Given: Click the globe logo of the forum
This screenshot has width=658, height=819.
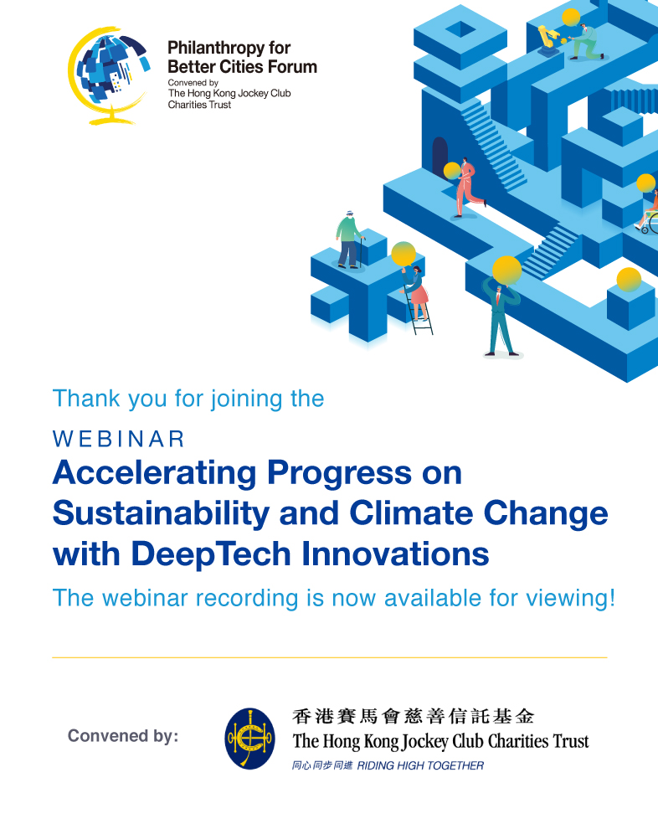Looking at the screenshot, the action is (x=109, y=75).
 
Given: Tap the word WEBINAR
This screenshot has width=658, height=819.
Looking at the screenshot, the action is (x=119, y=440).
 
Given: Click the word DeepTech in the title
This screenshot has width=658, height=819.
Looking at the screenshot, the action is (x=210, y=554).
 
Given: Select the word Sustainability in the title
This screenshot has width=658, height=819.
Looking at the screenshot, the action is (x=161, y=513).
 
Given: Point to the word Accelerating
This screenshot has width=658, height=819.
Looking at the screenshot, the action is (x=155, y=472).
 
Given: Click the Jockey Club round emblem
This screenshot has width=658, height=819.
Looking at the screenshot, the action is (x=249, y=739).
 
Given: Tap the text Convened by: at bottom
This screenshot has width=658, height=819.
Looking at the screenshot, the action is (x=123, y=735).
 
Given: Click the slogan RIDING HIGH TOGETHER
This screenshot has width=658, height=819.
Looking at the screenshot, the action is (x=420, y=765).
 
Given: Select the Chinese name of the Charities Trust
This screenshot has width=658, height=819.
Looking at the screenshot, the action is (x=413, y=716).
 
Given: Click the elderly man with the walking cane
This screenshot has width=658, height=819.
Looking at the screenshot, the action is (x=349, y=240).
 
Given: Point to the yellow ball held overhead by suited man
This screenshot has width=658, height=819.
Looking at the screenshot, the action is (x=506, y=270).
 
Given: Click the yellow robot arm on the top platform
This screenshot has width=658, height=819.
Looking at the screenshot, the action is (x=548, y=39).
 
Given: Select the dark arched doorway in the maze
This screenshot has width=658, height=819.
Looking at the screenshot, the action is (x=440, y=155).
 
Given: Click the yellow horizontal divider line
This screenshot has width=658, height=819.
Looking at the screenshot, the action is (x=330, y=657).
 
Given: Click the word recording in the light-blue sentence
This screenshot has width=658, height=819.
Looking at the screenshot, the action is (x=247, y=598).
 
